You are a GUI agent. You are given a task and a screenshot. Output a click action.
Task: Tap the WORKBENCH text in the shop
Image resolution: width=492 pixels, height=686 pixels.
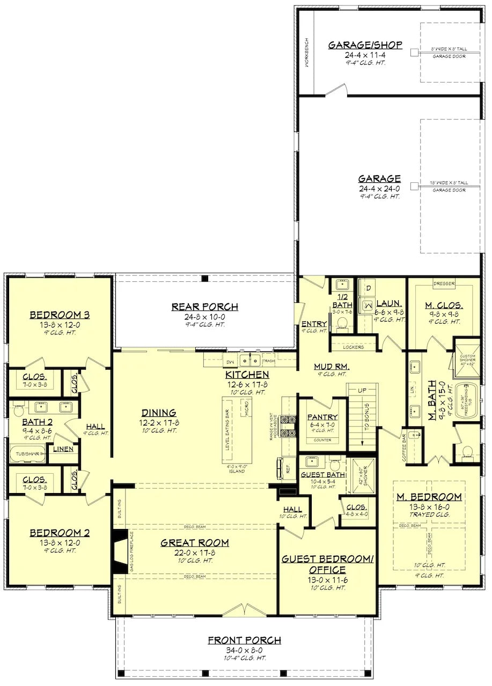pos(307,52)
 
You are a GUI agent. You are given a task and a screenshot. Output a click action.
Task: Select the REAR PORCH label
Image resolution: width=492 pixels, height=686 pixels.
pos(204,307)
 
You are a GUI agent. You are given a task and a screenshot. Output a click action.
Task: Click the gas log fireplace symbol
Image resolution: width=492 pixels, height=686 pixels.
pos(121,549)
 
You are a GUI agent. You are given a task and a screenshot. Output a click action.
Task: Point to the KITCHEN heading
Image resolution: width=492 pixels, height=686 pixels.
pos(247,374)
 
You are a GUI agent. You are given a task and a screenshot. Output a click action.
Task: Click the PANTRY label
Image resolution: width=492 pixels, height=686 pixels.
pos(322,417)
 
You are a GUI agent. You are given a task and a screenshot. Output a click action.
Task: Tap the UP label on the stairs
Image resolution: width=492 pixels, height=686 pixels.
pos(362,390)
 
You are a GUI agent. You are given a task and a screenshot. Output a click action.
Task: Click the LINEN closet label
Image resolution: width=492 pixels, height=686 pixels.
pos(63,449)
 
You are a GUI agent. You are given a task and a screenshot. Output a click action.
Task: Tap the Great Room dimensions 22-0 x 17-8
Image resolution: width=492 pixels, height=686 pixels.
pos(194,553)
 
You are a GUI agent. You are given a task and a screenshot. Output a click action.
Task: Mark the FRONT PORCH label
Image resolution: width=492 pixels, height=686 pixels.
pos(244,640)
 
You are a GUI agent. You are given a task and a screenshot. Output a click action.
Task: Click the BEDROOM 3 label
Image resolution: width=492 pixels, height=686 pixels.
pos(59,315)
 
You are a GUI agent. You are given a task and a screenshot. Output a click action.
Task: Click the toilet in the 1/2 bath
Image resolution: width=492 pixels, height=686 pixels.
pos(341,322)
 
